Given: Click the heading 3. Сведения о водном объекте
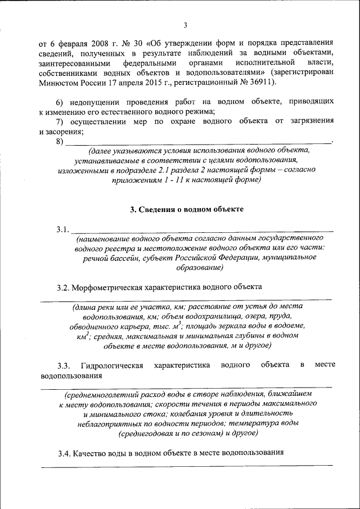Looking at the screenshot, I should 187,209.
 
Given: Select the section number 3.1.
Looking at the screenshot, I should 62,229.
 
